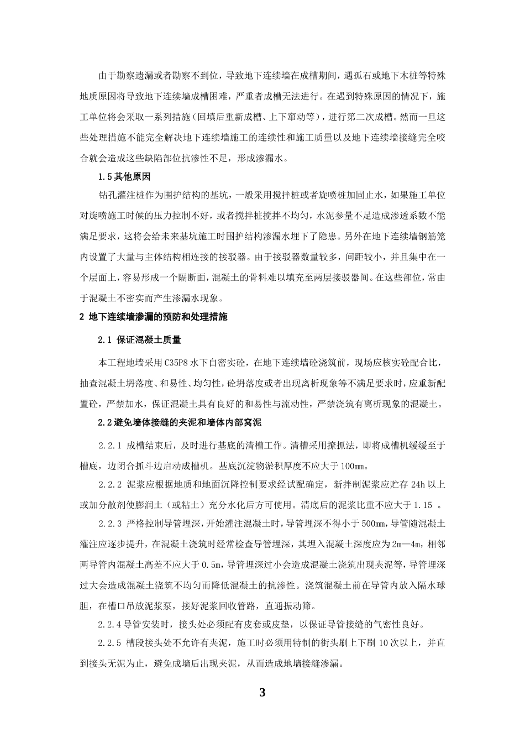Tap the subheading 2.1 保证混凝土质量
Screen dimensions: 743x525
tap(140, 340)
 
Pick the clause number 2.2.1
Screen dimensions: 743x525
tap(110, 445)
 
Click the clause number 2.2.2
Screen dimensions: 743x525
tap(110, 484)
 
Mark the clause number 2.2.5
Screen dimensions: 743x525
tap(110, 644)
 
